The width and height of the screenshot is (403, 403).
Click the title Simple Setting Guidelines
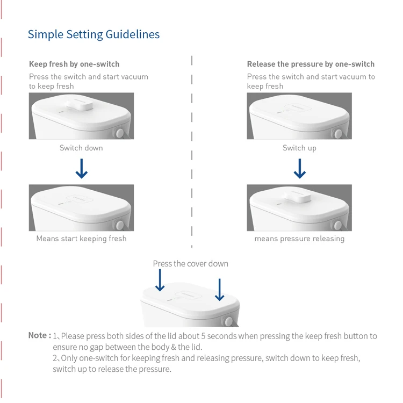click(x=93, y=34)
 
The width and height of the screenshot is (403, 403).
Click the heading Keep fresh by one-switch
click(x=74, y=64)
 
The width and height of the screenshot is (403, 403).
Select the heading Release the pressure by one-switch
click(x=311, y=64)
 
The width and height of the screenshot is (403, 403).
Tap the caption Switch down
click(x=81, y=148)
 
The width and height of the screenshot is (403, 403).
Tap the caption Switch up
click(x=299, y=148)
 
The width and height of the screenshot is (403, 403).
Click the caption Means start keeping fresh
click(x=81, y=239)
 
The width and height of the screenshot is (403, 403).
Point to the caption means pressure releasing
click(x=299, y=239)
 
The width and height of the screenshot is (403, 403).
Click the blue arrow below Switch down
click(x=81, y=169)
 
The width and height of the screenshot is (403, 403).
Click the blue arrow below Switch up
click(x=300, y=169)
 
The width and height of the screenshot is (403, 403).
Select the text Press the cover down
click(x=190, y=263)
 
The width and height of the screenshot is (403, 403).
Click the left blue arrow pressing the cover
click(x=160, y=280)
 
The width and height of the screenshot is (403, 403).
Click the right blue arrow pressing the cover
click(x=219, y=290)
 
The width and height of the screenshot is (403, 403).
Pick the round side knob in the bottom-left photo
click(x=120, y=225)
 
